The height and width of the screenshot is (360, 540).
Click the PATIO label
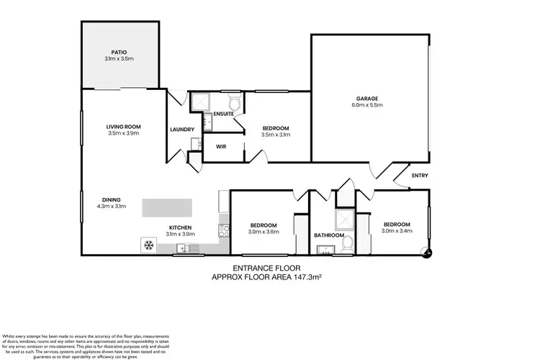coord(119,51)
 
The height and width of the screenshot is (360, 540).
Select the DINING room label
coord(111,199)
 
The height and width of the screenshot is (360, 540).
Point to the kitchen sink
coord(188,249)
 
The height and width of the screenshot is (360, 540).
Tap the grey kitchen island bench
coord(168,207)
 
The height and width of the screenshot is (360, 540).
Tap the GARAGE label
coord(367,99)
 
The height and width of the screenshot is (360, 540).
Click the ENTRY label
coord(419,175)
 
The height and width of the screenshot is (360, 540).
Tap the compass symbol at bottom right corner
coord(430,252)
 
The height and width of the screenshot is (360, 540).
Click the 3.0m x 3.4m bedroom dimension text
coord(397,231)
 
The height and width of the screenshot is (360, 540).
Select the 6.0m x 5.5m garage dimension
coord(367,106)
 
